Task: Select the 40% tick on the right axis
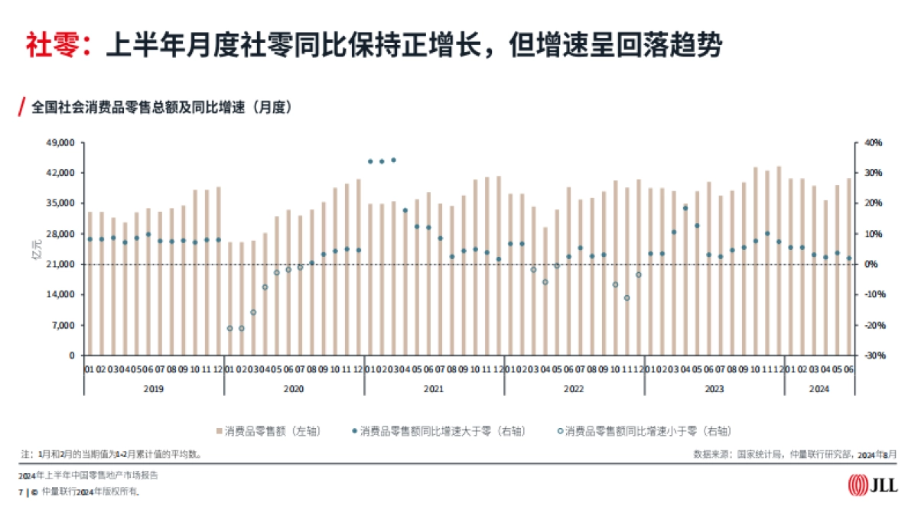point(874,143)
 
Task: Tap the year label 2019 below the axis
point(153,389)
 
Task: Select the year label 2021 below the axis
point(433,389)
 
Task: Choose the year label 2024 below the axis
point(819,389)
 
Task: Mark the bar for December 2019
point(218,271)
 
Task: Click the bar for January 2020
point(230,299)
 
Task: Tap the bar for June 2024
point(849,267)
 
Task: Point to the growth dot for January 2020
point(229,328)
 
